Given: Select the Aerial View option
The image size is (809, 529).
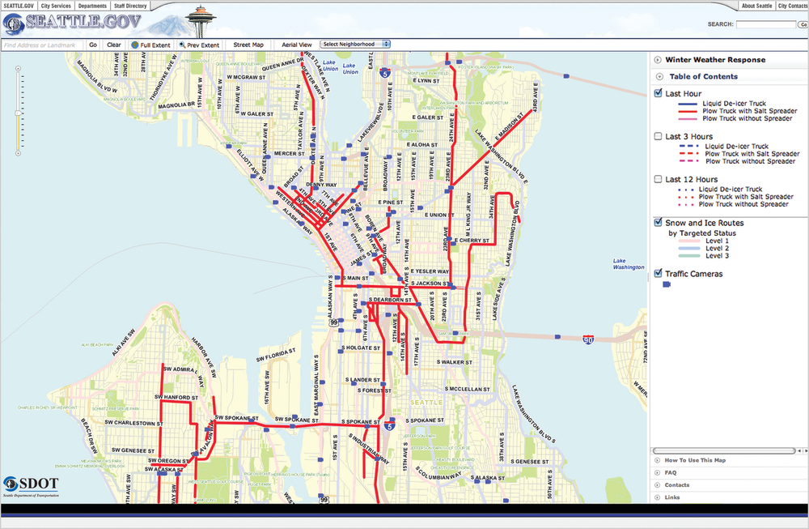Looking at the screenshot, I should pyautogui.click(x=296, y=45).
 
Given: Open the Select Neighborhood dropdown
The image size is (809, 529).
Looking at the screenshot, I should pyautogui.click(x=356, y=45).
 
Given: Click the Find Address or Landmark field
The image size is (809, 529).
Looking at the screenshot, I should pyautogui.click(x=43, y=45).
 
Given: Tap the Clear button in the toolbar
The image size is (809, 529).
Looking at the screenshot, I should pyautogui.click(x=114, y=45).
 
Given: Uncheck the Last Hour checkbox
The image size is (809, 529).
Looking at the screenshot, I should pyautogui.click(x=658, y=94).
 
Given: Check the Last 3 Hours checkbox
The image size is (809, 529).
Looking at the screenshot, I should pyautogui.click(x=658, y=137).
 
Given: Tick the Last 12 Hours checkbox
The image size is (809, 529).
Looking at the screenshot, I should pyautogui.click(x=658, y=180).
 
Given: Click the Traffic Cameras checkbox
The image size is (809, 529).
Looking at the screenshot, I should pyautogui.click(x=658, y=274).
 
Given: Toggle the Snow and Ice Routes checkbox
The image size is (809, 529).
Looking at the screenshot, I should pyautogui.click(x=658, y=223).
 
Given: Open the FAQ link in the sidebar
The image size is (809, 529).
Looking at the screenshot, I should pyautogui.click(x=671, y=472).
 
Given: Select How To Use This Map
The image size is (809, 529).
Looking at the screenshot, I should pyautogui.click(x=695, y=460).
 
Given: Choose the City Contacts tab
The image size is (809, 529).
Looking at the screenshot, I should pyautogui.click(x=792, y=6).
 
